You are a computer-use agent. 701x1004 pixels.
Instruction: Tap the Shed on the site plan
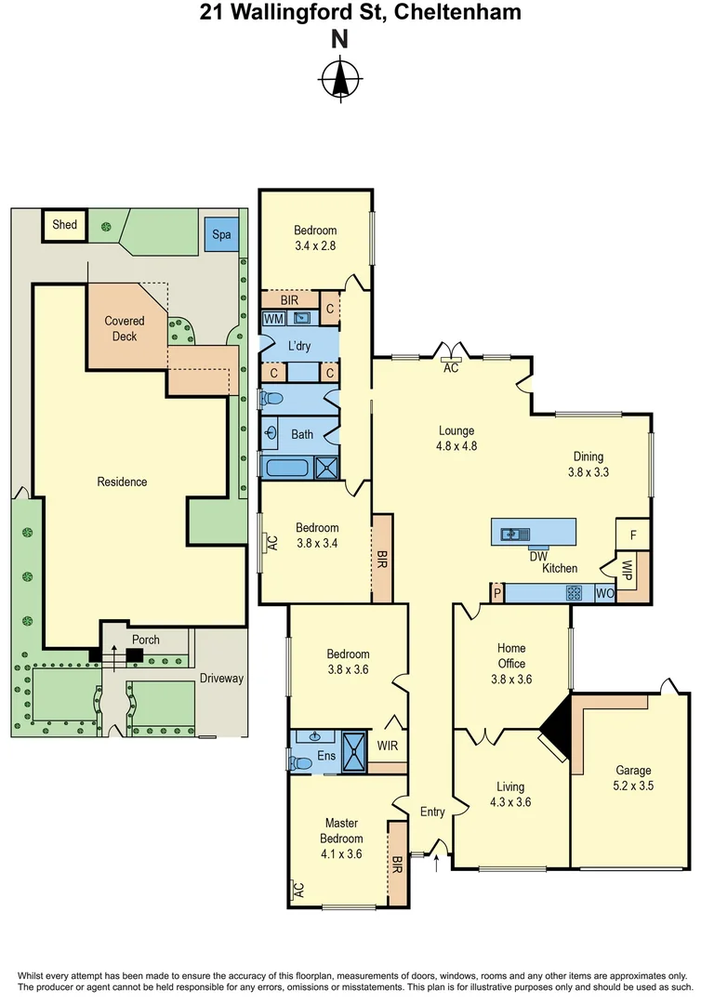click(x=64, y=225)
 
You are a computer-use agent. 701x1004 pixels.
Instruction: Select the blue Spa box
click(x=221, y=234)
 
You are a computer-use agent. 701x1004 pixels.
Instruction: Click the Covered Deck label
click(x=126, y=328)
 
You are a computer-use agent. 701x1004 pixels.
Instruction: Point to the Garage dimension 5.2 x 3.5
click(x=634, y=786)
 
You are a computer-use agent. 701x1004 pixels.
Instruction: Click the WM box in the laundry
click(x=273, y=318)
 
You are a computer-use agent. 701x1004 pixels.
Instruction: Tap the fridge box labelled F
click(x=633, y=535)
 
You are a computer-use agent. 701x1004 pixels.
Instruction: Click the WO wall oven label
click(x=604, y=593)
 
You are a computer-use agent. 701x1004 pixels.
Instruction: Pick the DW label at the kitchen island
click(x=537, y=556)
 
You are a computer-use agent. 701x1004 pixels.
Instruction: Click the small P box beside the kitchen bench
click(x=497, y=593)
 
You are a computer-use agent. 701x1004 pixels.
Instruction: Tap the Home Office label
click(x=511, y=655)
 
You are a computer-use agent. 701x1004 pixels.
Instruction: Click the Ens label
click(x=326, y=756)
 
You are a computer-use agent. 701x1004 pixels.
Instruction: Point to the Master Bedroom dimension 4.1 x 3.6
click(x=341, y=853)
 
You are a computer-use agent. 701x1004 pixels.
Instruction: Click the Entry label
click(x=432, y=812)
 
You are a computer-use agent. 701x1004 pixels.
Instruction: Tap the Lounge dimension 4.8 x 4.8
click(x=457, y=445)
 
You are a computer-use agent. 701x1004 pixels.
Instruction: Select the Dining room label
click(x=588, y=456)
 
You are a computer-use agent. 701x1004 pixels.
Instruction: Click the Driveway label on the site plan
click(x=221, y=679)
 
